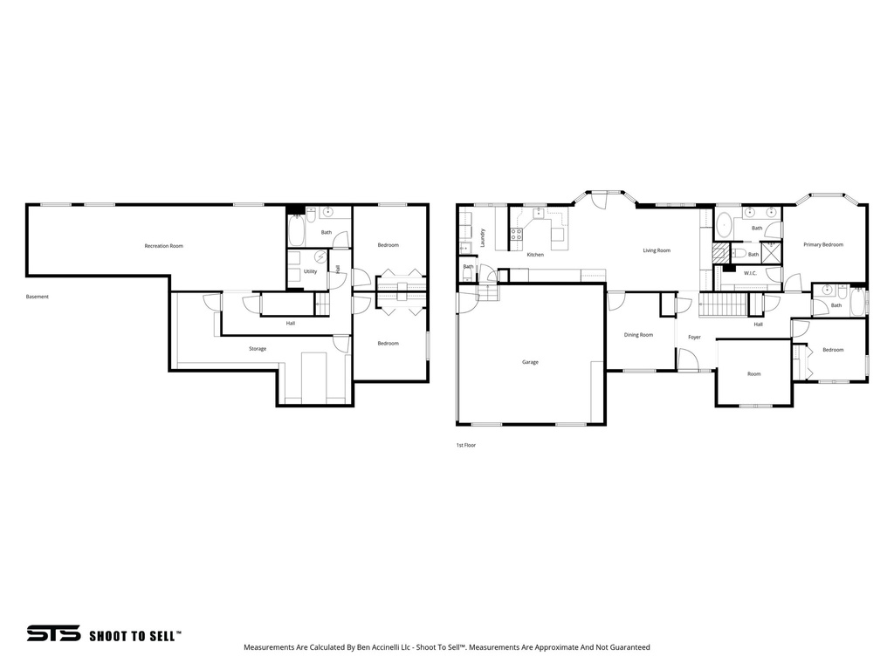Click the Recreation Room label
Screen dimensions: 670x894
point(164,246)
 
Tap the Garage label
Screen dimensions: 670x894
point(530,362)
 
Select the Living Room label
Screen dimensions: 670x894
point(657,251)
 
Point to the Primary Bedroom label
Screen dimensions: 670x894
point(823,245)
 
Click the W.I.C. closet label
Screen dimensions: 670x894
point(750,274)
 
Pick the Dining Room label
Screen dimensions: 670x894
point(638,335)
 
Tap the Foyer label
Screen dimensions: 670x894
point(694,337)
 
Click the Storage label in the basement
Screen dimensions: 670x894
point(257,349)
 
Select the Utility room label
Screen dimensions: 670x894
point(310,271)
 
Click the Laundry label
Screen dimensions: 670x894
point(482,236)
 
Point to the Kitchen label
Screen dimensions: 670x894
point(535,255)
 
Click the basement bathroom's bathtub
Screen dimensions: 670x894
point(296,231)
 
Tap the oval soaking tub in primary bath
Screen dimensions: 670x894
point(724,225)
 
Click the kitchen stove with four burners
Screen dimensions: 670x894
point(516,234)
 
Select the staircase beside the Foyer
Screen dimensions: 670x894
point(724,305)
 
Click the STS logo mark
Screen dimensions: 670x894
point(53,633)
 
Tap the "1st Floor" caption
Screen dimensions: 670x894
point(465,445)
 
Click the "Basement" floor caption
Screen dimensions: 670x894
point(38,297)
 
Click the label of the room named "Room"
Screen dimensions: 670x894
point(753,374)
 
